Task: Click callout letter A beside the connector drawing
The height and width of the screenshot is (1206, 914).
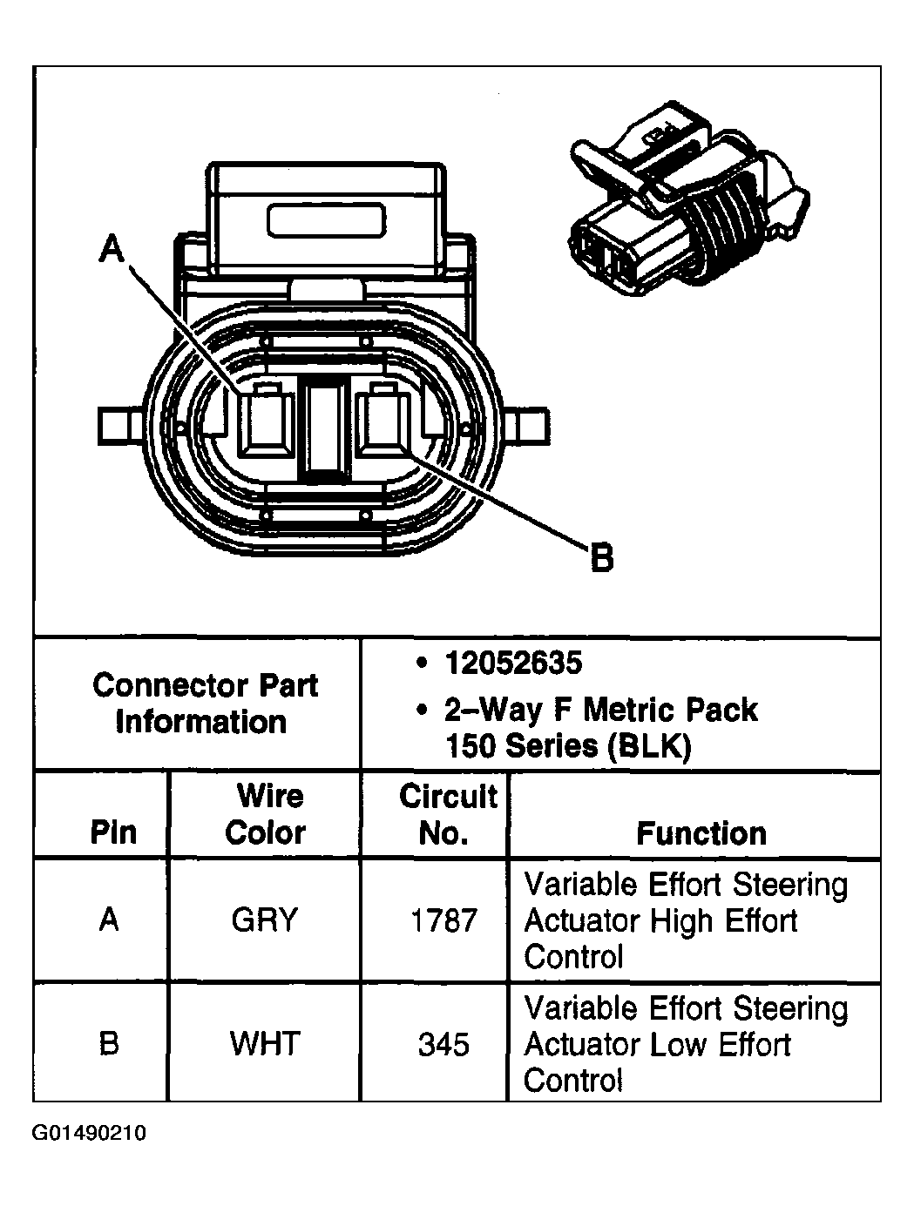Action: click(x=112, y=249)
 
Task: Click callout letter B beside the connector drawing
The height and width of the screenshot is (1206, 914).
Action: click(x=601, y=557)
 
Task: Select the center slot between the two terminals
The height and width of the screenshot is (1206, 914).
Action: click(x=324, y=428)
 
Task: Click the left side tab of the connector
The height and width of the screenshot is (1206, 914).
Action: click(x=118, y=426)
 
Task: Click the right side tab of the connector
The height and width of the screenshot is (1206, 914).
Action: click(x=529, y=427)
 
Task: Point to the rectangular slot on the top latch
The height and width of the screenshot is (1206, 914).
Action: click(x=327, y=221)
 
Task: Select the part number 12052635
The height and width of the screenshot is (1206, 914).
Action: click(x=512, y=664)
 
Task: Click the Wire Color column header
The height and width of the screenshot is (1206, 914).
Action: click(x=265, y=814)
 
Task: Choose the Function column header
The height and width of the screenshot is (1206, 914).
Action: click(x=701, y=833)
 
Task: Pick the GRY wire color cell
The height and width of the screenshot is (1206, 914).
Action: click(x=265, y=920)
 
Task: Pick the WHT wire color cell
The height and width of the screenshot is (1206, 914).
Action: click(x=265, y=1043)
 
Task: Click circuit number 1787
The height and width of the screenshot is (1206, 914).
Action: click(x=443, y=920)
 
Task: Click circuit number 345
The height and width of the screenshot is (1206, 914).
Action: click(x=443, y=1044)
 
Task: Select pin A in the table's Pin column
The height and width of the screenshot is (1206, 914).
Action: click(x=109, y=920)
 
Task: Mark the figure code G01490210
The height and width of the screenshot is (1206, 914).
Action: click(x=90, y=1134)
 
